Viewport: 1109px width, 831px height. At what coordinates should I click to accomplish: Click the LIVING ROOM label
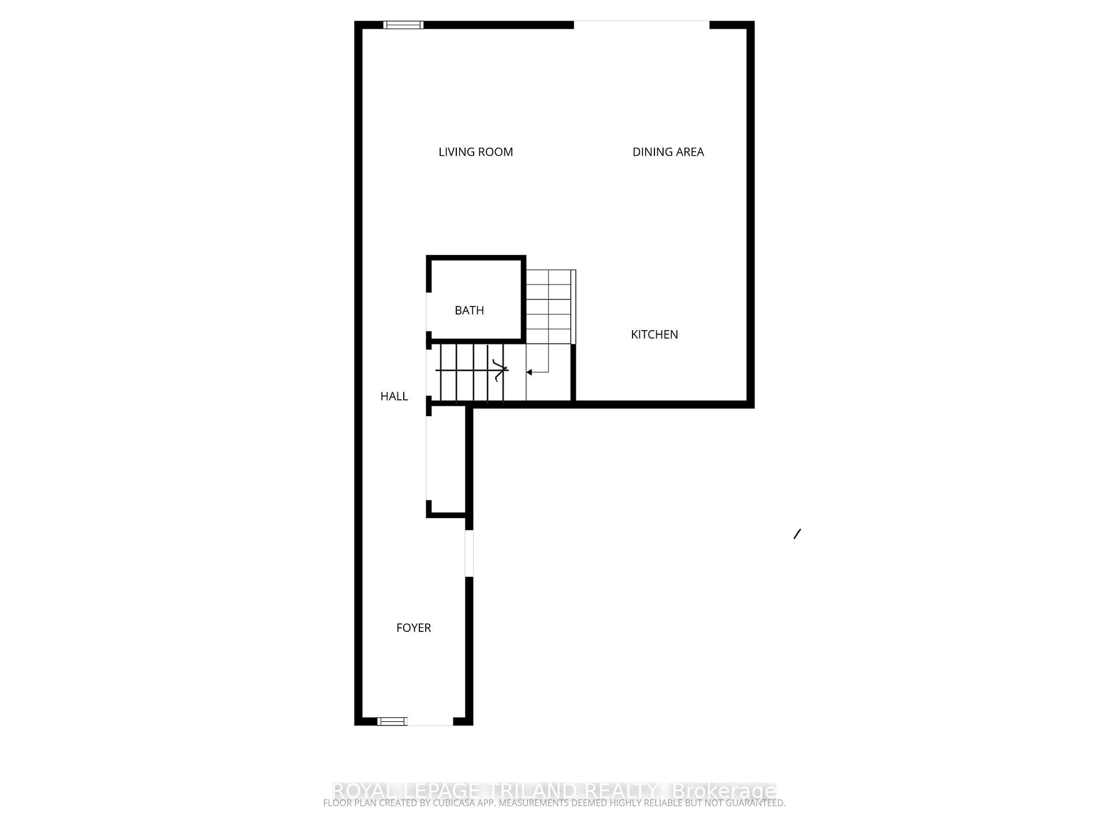[x=475, y=152]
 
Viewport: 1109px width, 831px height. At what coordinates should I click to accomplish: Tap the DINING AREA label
[x=668, y=152]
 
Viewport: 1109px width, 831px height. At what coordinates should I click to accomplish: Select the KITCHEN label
[x=654, y=334]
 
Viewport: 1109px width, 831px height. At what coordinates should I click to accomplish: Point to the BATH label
[x=469, y=310]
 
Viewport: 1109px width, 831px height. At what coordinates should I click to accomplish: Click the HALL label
[x=394, y=396]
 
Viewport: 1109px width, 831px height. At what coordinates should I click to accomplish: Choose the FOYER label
[x=414, y=627]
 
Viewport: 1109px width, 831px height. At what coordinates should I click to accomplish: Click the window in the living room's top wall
[x=403, y=25]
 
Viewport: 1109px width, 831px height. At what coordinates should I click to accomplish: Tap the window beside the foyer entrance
[x=392, y=721]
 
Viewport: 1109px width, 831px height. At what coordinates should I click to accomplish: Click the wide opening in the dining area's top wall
[x=641, y=24]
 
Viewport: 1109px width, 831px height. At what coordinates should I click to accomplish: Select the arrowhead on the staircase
[x=529, y=372]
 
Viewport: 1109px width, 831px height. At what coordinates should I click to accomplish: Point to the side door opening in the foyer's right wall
[x=469, y=553]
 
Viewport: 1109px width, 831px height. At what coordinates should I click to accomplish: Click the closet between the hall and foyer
[x=446, y=459]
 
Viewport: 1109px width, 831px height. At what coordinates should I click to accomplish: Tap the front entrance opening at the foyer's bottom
[x=430, y=721]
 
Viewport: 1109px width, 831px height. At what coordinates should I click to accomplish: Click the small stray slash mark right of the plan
[x=797, y=534]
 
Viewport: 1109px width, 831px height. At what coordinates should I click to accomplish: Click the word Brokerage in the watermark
[x=724, y=790]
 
